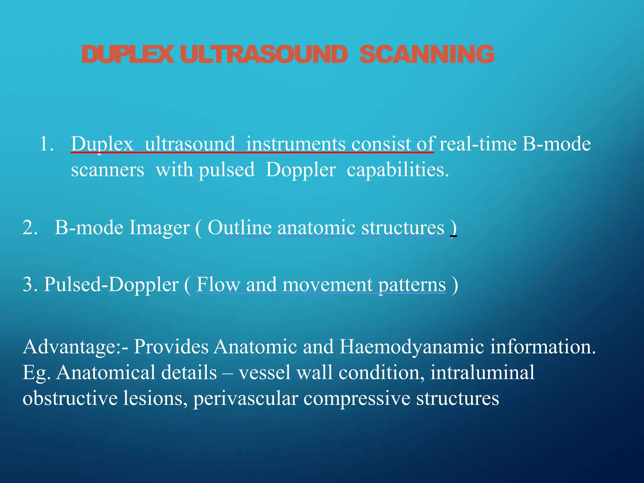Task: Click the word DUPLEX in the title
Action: pos(127,54)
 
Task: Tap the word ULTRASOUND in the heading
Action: pos(264,54)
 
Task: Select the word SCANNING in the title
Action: pos(427,54)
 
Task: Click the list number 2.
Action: pos(30,227)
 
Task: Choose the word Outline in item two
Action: pos(240,227)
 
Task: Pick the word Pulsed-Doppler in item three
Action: pos(111,285)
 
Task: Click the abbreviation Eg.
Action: pos(36,373)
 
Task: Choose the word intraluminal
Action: pos(482,372)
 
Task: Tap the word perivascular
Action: pos(246,398)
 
